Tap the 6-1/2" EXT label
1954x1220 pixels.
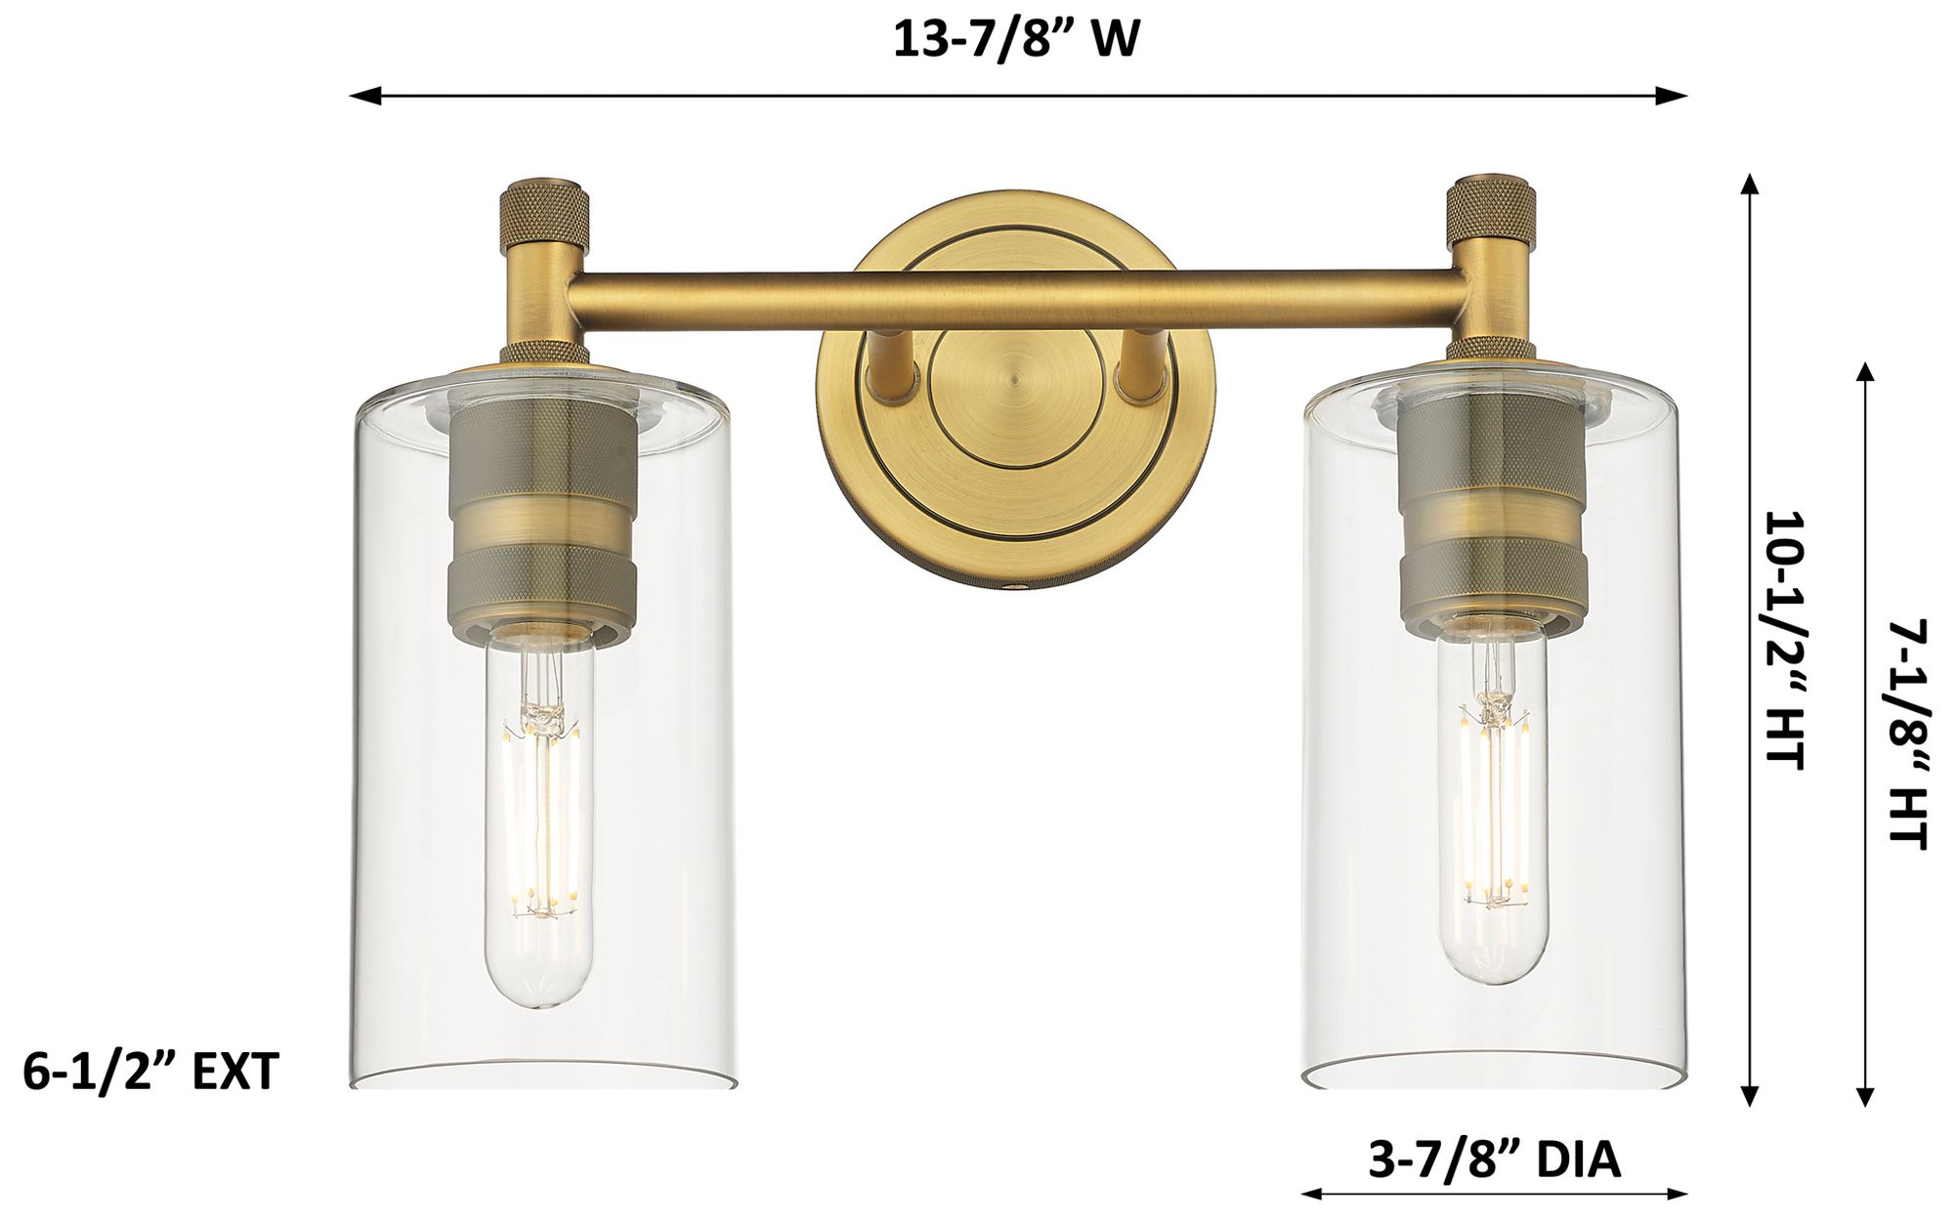tap(151, 1072)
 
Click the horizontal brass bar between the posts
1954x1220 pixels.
tap(1016, 294)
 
